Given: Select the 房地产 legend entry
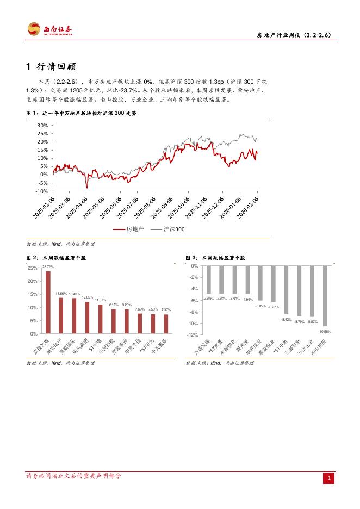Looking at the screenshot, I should pos(131,229).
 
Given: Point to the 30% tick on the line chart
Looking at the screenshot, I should pos(42,125).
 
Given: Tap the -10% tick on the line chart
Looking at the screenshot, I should pos(41,191).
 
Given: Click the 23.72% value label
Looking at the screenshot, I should pos(48,267).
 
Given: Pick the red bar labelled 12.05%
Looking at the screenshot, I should pos(87,318).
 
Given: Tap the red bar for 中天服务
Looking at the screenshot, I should pos(166,324).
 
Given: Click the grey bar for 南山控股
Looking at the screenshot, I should pos(325,296).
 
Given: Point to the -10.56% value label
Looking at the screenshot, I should pos(325,331).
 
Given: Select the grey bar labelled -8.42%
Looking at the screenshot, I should pos(286,290).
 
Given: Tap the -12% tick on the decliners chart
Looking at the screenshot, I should pos(195,335).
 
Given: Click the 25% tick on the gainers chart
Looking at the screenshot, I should pos(33,268).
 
